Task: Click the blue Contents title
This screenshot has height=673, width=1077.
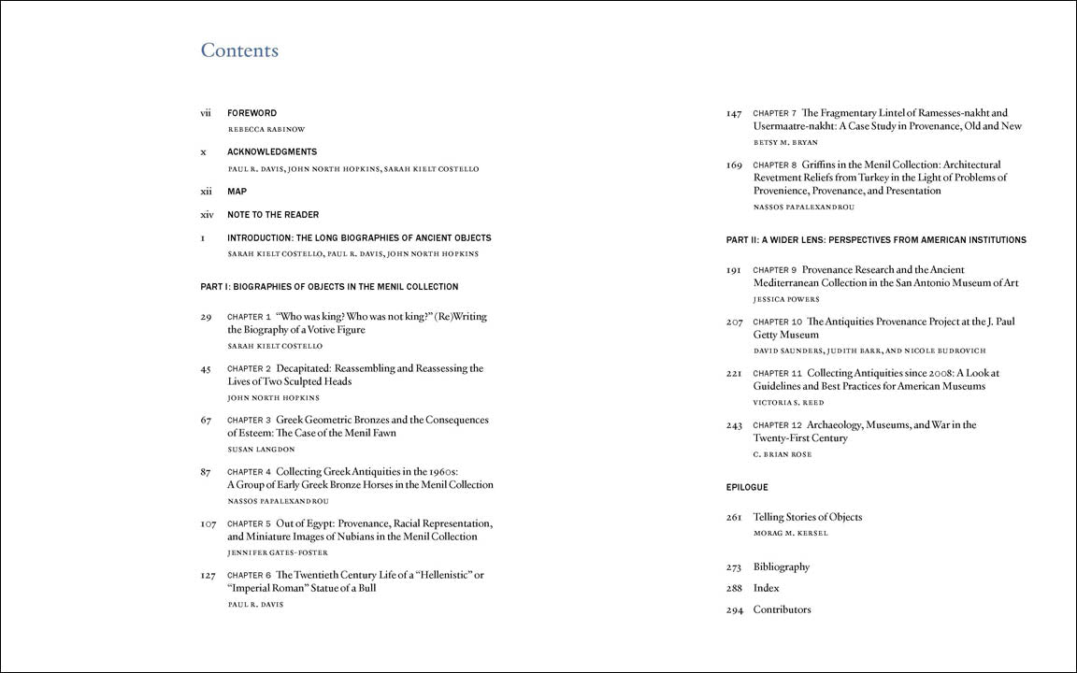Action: click(239, 50)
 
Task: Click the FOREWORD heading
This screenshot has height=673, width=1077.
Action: click(251, 113)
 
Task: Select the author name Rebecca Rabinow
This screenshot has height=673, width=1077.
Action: click(266, 130)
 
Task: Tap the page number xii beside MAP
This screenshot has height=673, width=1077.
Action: click(206, 192)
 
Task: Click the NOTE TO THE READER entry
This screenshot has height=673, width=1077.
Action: click(273, 215)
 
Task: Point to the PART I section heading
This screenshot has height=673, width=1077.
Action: click(329, 287)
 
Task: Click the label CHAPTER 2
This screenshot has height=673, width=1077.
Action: click(249, 369)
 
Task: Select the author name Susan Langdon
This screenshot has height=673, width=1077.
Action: click(261, 450)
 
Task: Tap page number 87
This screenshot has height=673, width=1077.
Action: click(205, 472)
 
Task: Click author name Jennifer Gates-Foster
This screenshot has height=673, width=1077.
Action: click(278, 553)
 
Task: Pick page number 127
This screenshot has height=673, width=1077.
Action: click(208, 576)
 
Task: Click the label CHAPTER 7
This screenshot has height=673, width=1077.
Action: click(775, 114)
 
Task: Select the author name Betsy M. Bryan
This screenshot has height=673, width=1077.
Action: click(785, 143)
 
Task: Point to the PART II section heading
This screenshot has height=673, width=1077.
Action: click(876, 240)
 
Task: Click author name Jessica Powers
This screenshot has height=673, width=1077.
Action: click(786, 300)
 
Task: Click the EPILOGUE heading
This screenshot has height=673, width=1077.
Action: click(747, 488)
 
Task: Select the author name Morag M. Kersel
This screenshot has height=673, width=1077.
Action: click(790, 534)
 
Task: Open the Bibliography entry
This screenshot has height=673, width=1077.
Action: click(782, 567)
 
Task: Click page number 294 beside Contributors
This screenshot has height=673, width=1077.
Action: click(734, 610)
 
